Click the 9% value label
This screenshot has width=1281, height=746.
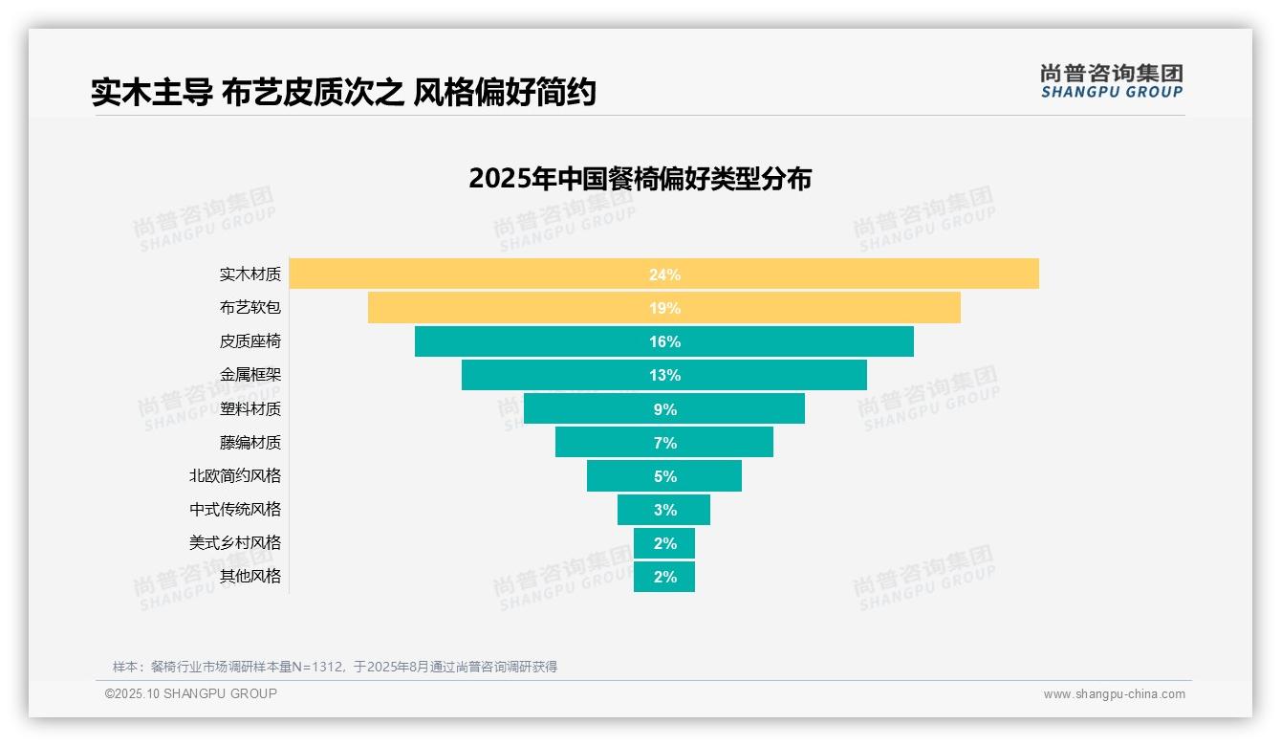click(664, 409)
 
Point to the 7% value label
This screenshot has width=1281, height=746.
click(664, 443)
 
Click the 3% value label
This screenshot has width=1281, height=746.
click(664, 510)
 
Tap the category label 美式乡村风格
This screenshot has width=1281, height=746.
click(235, 542)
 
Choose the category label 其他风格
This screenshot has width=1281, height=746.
click(250, 576)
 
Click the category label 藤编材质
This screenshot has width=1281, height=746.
click(250, 442)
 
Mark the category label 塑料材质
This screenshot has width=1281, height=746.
click(250, 408)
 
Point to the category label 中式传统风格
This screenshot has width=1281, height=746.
click(235, 509)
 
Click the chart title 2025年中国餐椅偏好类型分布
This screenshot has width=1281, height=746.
click(640, 179)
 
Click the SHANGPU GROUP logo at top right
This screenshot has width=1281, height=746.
click(1111, 81)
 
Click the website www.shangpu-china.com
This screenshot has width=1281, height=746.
click(1114, 694)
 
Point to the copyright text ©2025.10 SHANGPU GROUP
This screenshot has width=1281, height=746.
click(191, 693)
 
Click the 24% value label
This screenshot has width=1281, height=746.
click(664, 274)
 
